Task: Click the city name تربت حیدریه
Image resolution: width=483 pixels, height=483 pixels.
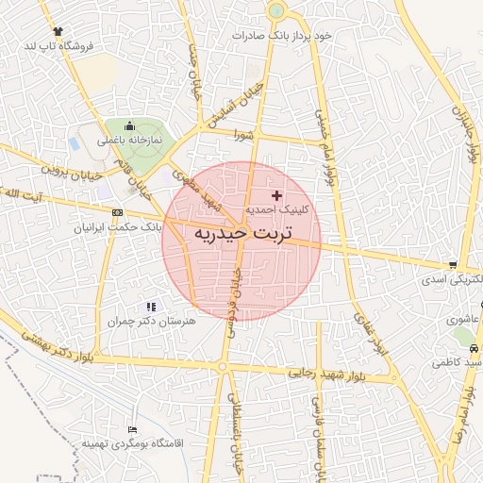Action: tap(242, 231)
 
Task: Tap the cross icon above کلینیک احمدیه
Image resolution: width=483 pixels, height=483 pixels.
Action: tap(275, 194)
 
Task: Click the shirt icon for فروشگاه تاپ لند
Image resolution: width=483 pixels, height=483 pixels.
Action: tap(59, 31)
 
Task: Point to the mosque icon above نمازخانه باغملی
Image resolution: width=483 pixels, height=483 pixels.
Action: tap(129, 125)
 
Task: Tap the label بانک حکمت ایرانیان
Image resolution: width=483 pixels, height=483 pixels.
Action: tap(121, 227)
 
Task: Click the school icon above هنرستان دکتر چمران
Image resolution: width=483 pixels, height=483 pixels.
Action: tap(150, 306)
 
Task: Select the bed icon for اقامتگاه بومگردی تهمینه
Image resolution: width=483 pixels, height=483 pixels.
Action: tap(131, 429)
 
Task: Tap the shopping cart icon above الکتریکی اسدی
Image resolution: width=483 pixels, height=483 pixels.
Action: tap(455, 265)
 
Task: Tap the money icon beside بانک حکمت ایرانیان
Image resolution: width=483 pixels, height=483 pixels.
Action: tap(117, 212)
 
